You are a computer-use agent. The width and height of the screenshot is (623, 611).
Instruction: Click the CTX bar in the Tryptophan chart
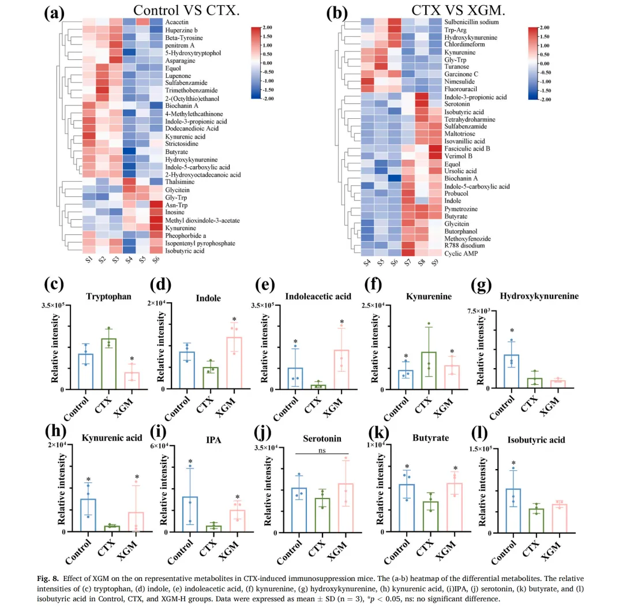[108, 363]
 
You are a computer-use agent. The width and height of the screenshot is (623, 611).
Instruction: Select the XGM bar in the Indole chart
[234, 363]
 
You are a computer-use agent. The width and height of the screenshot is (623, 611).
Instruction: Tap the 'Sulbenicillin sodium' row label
[471, 22]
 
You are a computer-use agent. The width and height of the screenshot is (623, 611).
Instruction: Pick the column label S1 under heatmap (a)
[85, 260]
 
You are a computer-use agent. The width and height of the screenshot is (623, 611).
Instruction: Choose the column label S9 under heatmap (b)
[431, 261]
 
